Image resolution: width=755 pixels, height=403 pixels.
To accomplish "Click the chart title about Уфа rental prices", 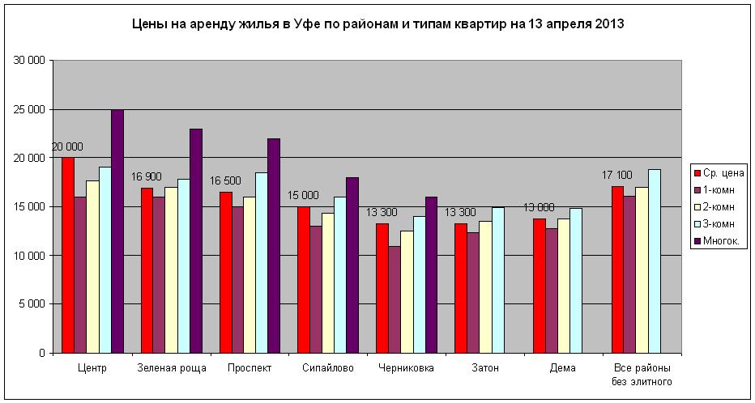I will point(377,24).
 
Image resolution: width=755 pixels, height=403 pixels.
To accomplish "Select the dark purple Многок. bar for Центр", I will point(117,231).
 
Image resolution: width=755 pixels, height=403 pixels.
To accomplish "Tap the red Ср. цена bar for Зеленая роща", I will point(147,270).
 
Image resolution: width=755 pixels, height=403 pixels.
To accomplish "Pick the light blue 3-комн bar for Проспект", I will point(262,263).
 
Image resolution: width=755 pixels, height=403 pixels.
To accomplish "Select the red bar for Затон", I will point(460,288).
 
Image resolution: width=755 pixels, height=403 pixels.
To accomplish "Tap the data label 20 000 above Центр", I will point(67,146).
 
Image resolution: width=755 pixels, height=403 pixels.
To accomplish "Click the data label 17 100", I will point(617,175).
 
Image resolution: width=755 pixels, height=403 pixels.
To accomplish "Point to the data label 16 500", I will point(225,180).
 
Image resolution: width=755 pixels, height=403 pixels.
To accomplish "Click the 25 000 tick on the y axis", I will point(31,109).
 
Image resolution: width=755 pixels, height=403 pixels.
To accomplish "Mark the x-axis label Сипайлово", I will point(327,368).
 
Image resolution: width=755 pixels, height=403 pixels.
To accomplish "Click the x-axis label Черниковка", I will point(406,368).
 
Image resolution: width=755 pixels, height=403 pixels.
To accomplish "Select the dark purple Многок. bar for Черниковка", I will point(432,275).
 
